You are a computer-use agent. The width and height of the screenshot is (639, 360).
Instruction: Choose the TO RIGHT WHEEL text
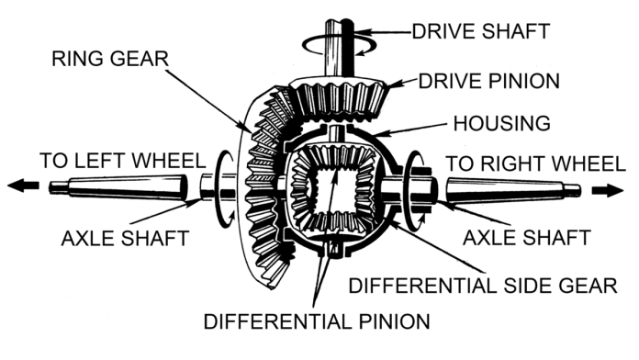tap(535, 163)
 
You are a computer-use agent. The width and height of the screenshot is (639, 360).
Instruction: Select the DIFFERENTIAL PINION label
tap(318, 322)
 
